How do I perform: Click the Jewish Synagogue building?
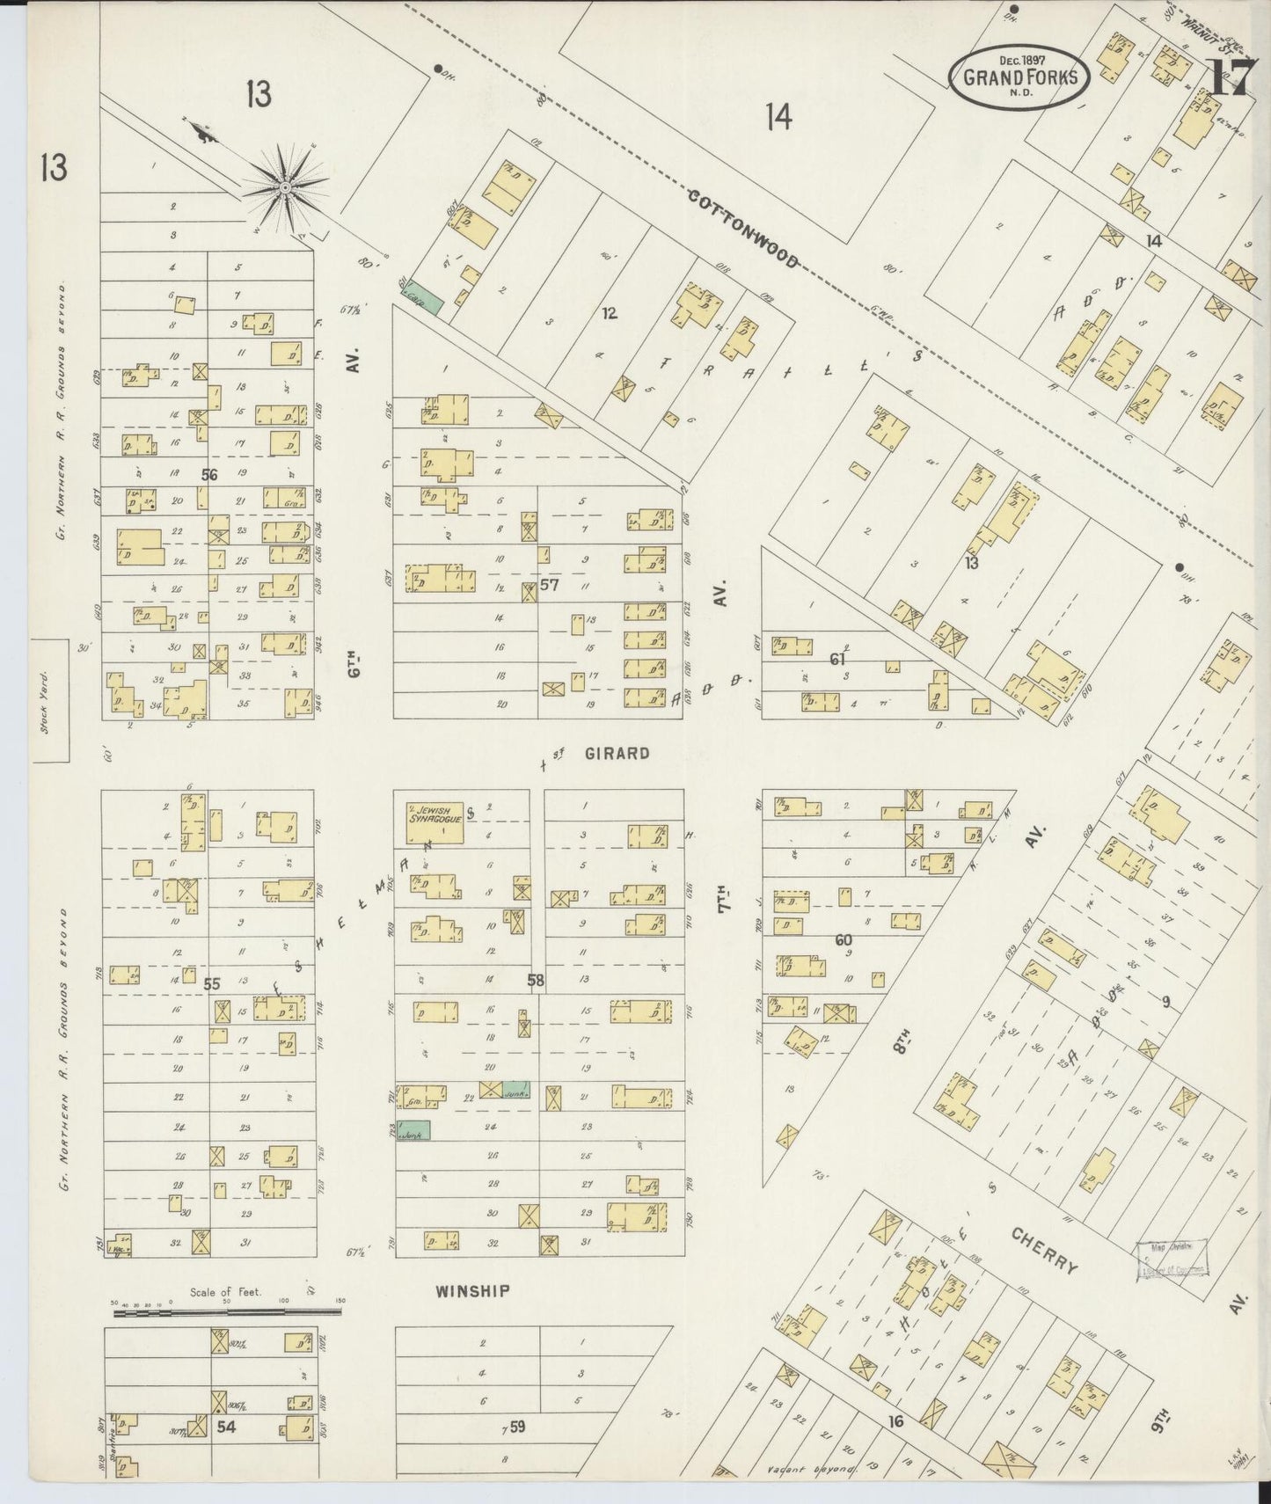434,821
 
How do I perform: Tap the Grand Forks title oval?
1019,77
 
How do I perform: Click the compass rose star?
284,187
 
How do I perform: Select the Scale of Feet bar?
227,1314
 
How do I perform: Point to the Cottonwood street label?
743,229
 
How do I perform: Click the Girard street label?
616,754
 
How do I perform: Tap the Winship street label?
472,1291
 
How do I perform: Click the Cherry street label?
1044,1252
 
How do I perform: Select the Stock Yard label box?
50,700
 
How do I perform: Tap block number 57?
551,587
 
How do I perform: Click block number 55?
212,983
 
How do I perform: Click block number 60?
844,940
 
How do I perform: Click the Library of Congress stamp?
1172,1258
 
